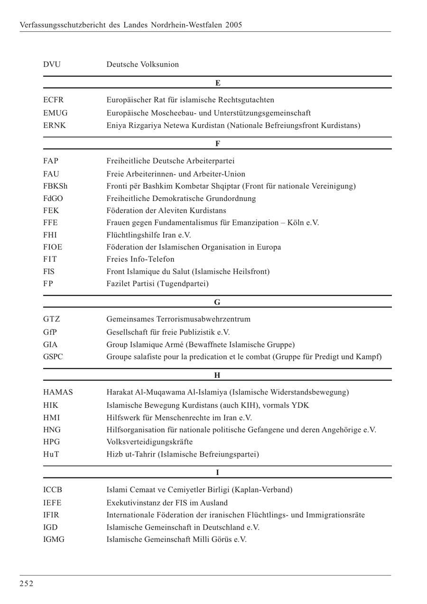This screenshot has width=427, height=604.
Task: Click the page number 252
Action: (x=27, y=584)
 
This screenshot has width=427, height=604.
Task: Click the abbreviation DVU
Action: (x=52, y=64)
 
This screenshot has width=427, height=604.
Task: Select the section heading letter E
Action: (x=218, y=83)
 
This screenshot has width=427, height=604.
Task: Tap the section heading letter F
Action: (x=218, y=143)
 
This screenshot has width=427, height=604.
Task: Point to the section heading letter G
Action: (x=217, y=302)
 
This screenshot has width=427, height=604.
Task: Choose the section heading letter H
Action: (x=217, y=375)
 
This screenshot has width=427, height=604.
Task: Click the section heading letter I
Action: (x=217, y=472)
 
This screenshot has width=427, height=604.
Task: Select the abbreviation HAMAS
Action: (x=58, y=392)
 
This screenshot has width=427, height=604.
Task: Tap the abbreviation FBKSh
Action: (x=55, y=186)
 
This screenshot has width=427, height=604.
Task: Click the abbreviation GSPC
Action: (x=53, y=357)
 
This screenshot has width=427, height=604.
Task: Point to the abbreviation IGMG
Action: (x=54, y=539)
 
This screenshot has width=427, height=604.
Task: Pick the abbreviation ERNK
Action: (x=55, y=125)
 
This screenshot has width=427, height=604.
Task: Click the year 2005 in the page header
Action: (x=233, y=25)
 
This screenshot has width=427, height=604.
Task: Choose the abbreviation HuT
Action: (x=51, y=454)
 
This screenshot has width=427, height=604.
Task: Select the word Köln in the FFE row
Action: (x=297, y=222)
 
